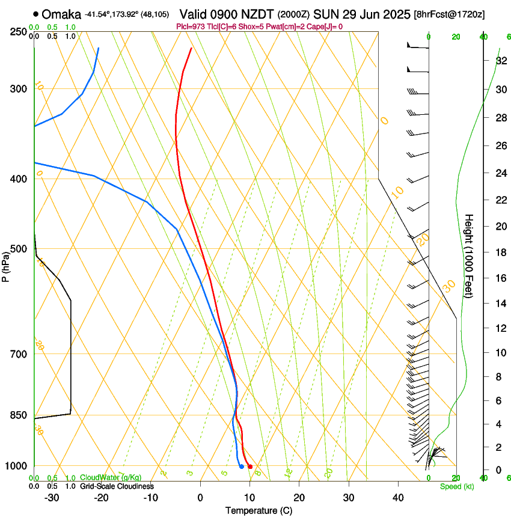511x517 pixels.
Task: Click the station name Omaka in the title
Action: [x=62, y=14]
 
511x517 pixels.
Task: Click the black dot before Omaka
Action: [x=37, y=14]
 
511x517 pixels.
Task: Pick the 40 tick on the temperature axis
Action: [x=397, y=498]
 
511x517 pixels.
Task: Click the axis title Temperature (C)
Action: [x=259, y=510]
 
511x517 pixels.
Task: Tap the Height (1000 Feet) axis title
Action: [x=469, y=262]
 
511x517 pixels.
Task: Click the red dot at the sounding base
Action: [x=250, y=467]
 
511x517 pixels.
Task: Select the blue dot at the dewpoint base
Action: [x=241, y=466]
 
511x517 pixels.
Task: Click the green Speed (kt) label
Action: [x=456, y=486]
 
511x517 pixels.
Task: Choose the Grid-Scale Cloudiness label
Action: [x=117, y=486]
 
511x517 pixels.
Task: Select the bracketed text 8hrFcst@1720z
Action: [x=450, y=14]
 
